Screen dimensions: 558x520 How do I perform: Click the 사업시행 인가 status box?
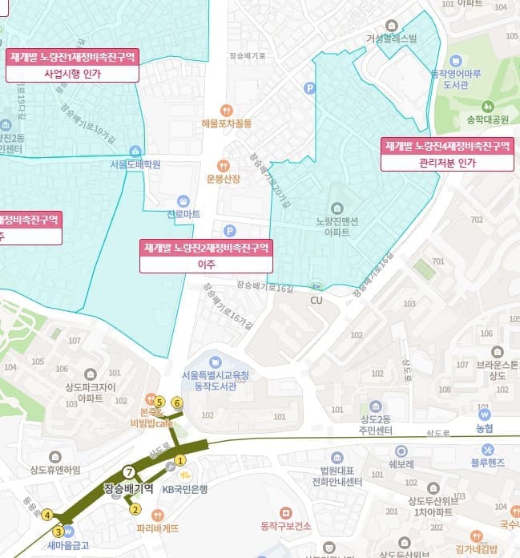tap(72, 73)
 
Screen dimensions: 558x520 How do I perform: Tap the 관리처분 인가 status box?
tap(446, 162)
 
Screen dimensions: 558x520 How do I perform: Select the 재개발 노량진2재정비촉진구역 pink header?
tap(207, 247)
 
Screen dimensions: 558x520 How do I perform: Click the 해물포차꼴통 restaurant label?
tap(227, 123)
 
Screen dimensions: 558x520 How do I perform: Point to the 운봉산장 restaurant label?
tap(223, 178)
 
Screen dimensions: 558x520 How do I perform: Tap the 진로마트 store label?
tap(183, 215)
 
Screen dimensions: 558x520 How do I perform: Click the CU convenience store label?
tap(316, 300)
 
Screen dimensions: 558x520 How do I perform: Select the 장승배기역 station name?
tap(128, 487)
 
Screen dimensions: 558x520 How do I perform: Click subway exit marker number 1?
tap(180, 460)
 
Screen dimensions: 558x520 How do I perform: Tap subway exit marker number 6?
tap(177, 402)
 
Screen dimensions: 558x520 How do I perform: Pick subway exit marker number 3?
tap(58, 531)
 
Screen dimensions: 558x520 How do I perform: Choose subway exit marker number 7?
tap(128, 471)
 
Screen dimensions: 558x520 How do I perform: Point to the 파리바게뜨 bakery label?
tap(157, 528)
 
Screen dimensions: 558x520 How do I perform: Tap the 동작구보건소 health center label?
tap(285, 525)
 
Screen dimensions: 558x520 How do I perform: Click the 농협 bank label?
tap(484, 429)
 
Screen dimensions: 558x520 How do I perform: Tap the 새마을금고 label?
tap(67, 545)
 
